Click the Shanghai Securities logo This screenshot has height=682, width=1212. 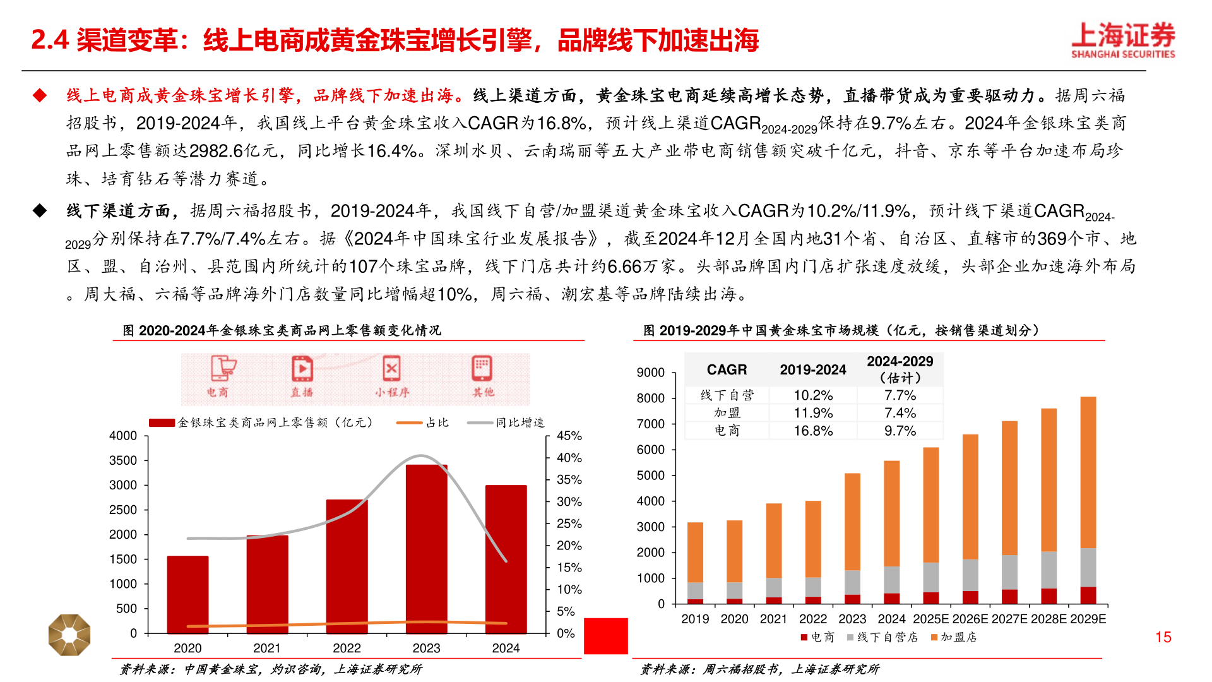tap(1123, 40)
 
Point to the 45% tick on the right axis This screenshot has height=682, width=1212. tap(569, 436)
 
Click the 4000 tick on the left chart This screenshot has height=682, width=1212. tap(123, 436)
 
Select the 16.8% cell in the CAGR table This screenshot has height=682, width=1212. tap(813, 431)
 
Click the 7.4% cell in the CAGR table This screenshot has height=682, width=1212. tap(900, 413)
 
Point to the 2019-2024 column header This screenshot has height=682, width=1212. tap(813, 370)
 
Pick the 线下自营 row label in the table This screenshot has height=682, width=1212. tap(727, 395)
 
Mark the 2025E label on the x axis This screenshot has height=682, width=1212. tap(931, 619)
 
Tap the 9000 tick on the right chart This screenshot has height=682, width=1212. tap(650, 373)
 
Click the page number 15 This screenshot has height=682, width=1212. tap(1163, 637)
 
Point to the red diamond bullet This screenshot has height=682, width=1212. tap(40, 95)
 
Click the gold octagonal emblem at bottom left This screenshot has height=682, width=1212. tap(69, 635)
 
